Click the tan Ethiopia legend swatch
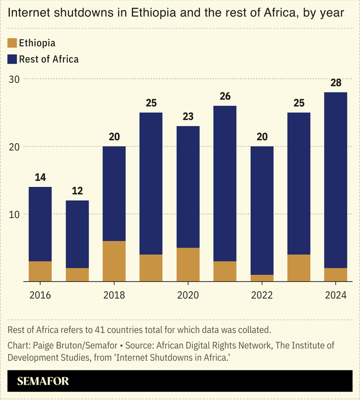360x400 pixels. (13, 43)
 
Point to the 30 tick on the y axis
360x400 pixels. (14, 79)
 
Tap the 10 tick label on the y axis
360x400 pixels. (14, 214)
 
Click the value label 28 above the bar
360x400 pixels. (336, 83)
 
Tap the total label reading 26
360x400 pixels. (225, 96)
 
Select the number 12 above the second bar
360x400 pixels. (77, 191)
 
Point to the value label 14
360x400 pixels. (40, 177)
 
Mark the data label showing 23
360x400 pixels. (188, 117)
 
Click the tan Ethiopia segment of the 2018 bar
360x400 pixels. (114, 261)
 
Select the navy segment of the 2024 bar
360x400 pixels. (336, 180)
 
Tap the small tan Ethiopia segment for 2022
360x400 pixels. (262, 278)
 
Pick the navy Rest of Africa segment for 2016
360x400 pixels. (40, 224)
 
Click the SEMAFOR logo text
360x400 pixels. (43, 381)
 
